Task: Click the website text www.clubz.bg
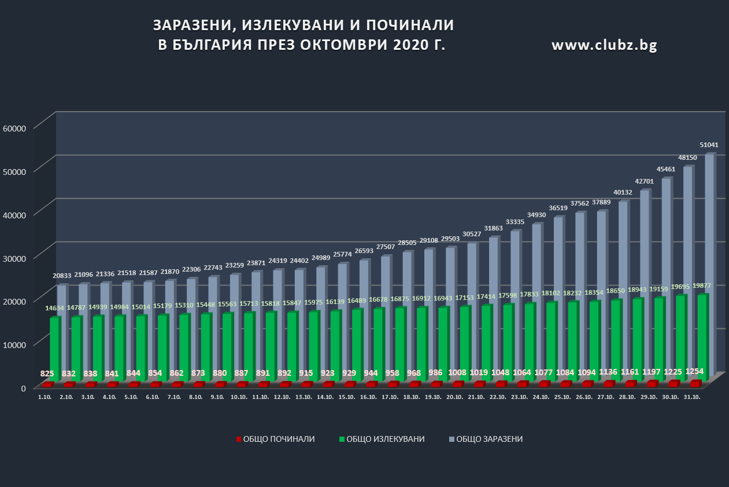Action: pyautogui.click(x=604, y=45)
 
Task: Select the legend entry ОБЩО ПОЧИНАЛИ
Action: pyautogui.click(x=276, y=439)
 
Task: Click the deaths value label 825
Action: pyautogui.click(x=47, y=374)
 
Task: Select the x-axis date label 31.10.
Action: pyautogui.click(x=692, y=397)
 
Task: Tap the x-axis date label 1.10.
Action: pyautogui.click(x=45, y=397)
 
